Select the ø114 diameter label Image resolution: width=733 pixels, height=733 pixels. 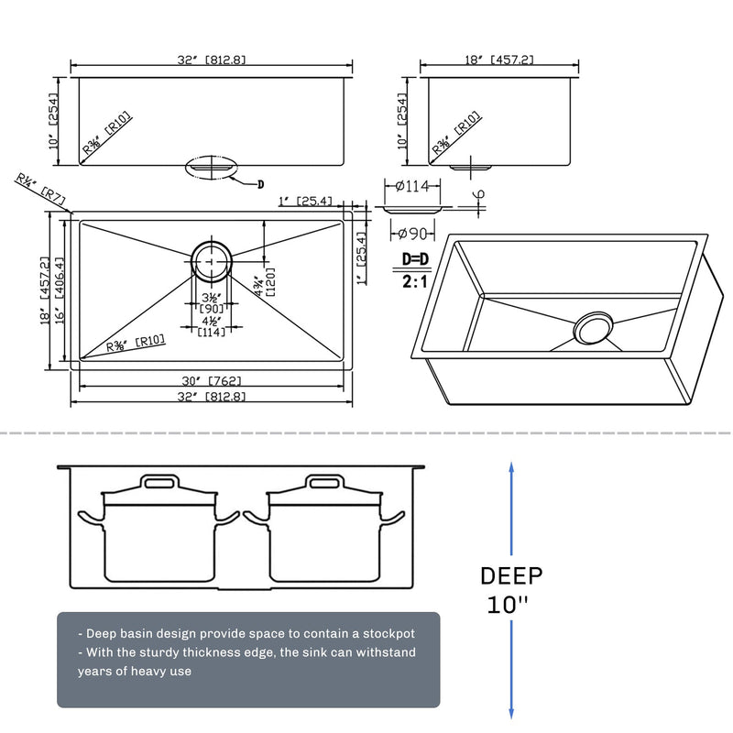pos(412,187)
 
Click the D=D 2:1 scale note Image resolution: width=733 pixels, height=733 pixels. pos(415,270)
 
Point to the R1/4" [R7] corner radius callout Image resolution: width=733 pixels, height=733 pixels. pos(41,189)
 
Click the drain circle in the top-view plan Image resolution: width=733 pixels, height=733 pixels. pos(212,260)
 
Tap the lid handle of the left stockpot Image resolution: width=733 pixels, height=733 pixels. pos(161,481)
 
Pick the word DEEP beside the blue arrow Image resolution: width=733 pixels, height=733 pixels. pos(511,575)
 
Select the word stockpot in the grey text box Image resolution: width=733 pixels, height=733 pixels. pos(383,633)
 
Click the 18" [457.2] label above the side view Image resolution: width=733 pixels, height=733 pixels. pos(500,60)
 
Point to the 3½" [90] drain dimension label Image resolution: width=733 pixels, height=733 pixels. pos(212,302)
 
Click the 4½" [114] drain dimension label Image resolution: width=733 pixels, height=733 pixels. pos(212,326)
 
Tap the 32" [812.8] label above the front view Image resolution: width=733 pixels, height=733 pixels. pos(212,60)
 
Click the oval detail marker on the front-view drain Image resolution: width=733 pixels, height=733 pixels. pos(212,167)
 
